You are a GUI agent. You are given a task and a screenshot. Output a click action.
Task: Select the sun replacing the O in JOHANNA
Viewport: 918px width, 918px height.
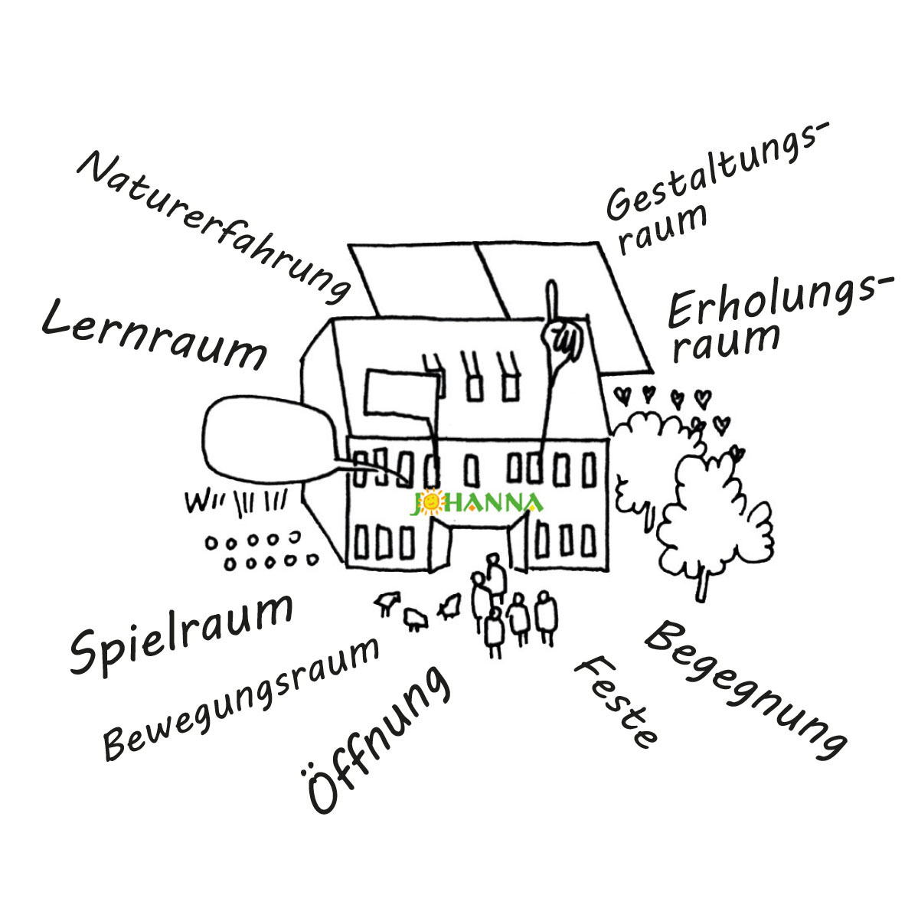pos(433,502)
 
